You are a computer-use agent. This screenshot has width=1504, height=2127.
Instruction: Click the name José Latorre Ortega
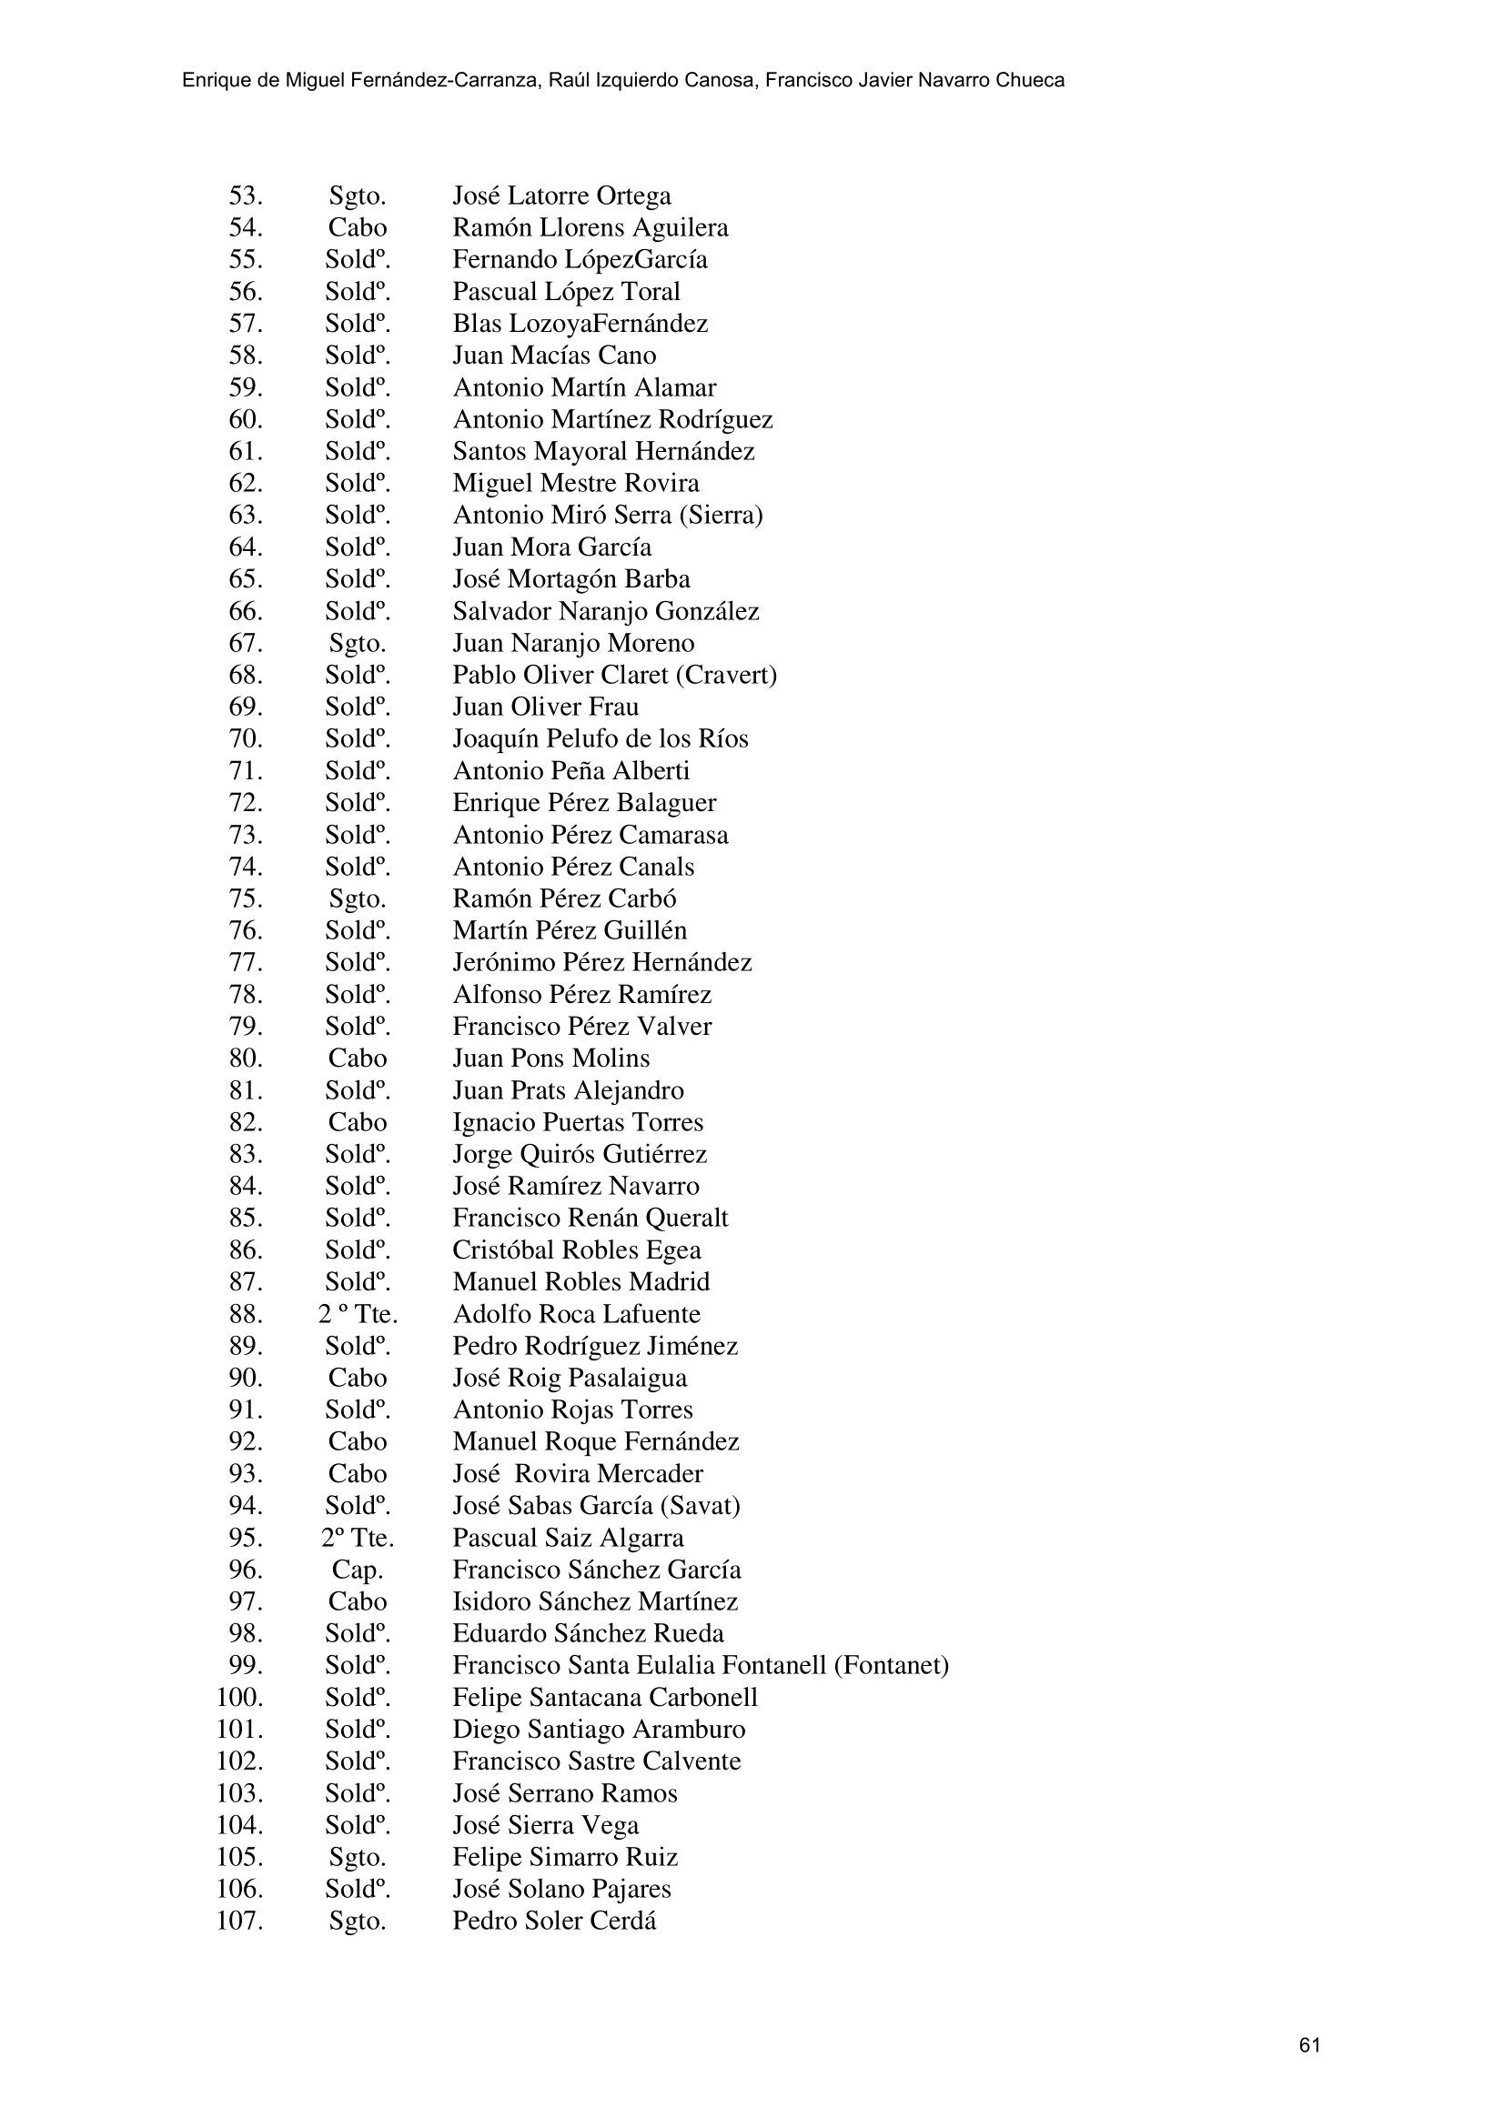tap(561, 196)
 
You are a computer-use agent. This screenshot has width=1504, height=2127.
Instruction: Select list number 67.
tap(246, 643)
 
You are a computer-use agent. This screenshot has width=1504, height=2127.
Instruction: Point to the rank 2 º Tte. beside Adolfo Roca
tap(357, 1314)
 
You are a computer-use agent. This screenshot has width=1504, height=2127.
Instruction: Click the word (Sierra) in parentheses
tap(720, 515)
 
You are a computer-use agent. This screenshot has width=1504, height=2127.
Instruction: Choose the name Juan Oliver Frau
tap(545, 707)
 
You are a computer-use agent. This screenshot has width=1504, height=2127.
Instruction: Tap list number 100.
tap(240, 1697)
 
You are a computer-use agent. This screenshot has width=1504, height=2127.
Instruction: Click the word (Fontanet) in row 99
tap(892, 1666)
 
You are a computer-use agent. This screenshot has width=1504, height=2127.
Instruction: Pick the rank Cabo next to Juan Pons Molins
tap(357, 1058)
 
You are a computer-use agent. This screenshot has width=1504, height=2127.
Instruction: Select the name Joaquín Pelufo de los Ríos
tap(600, 739)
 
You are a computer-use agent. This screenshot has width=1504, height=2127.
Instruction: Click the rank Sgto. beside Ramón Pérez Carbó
tap(357, 898)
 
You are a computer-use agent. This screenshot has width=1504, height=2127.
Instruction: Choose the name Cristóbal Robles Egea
tap(576, 1249)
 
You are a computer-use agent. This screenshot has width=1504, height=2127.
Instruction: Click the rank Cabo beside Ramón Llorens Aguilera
tap(357, 228)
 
